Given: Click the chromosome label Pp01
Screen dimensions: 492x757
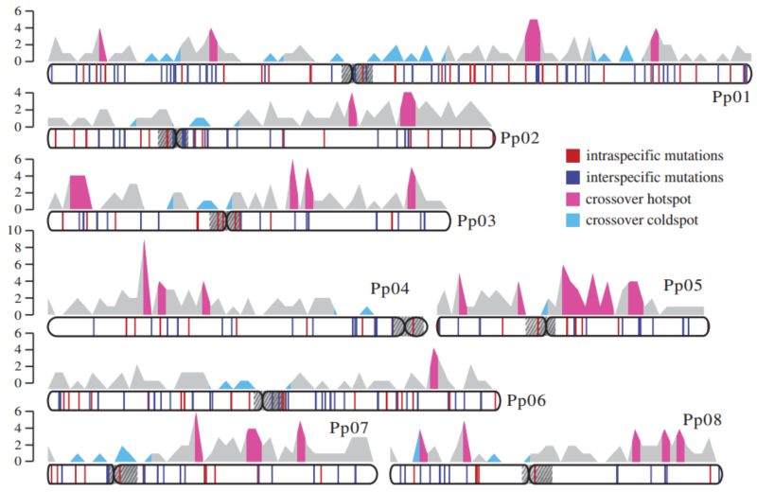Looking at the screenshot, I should click(731, 97).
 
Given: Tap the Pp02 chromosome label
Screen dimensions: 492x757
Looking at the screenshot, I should click(519, 139).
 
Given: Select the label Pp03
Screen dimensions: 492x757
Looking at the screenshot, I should click(477, 222).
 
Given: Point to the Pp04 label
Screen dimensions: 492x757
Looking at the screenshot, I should click(389, 288).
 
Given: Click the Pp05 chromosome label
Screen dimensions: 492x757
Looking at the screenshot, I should click(683, 285).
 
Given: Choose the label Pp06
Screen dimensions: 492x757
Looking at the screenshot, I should click(526, 400).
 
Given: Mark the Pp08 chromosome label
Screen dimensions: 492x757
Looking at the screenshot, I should click(702, 419).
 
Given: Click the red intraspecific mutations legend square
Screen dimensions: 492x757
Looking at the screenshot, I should click(572, 155).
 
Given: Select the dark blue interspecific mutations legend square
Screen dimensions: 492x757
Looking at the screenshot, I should click(572, 177).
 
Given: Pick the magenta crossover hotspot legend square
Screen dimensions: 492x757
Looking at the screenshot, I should click(572, 199).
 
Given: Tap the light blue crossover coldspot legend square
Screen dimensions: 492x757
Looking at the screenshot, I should click(572, 220).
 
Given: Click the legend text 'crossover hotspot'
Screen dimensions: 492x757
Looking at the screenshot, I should click(639, 199).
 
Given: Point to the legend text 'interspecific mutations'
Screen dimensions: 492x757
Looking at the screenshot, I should click(655, 177).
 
